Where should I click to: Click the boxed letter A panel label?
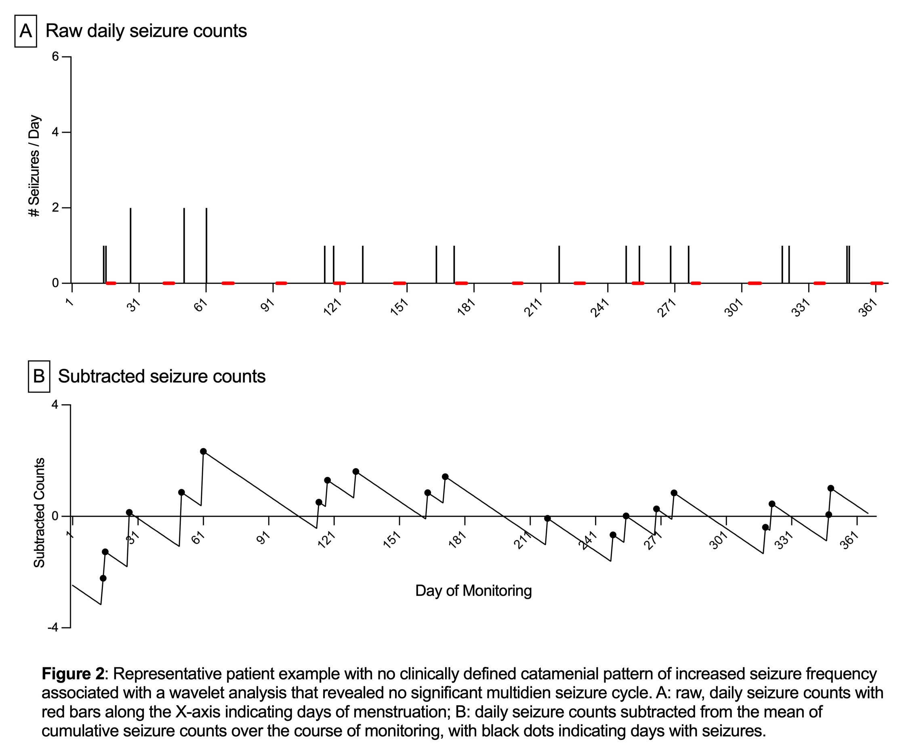point(25,31)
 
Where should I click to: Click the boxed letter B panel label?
point(39,376)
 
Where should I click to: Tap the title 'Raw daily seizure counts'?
point(146,31)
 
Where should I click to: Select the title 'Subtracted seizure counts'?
point(162,376)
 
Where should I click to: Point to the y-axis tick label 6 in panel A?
point(55,56)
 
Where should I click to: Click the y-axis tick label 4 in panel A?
point(55,132)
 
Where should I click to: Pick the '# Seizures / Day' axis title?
point(34,166)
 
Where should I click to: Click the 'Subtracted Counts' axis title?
point(39,513)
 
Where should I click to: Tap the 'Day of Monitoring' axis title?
point(473,591)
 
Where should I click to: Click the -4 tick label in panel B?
point(53,627)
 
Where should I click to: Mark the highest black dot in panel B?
point(203,451)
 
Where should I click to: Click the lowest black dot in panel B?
point(103,579)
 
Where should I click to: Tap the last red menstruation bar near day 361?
point(877,283)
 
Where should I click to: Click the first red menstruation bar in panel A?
point(111,283)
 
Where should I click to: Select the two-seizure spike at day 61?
point(206,245)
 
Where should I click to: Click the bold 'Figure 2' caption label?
point(73,673)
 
